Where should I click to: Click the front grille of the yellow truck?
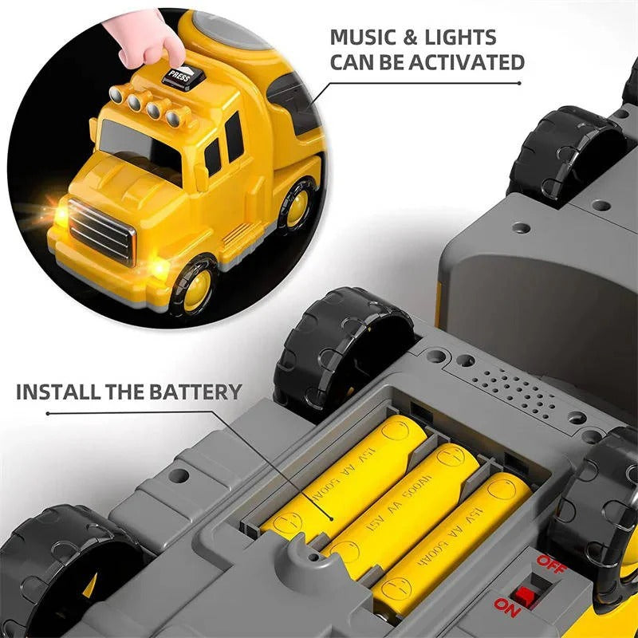[x=99, y=230]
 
